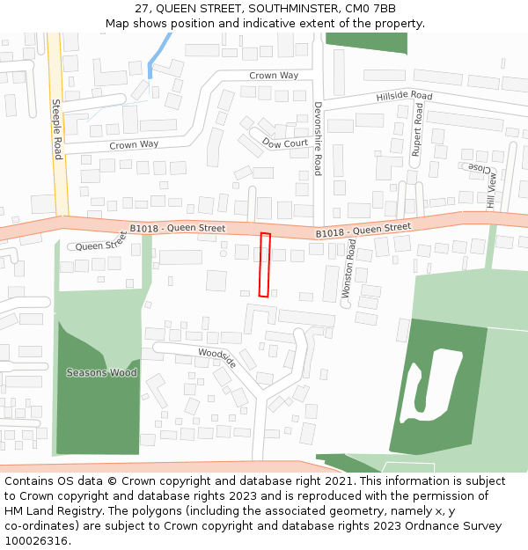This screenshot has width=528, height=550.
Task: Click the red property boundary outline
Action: pos(264,265)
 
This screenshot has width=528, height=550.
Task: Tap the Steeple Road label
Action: pos(58,128)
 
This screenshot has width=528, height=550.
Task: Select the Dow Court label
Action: pos(284,143)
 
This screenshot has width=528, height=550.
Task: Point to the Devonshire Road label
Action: pos(318,137)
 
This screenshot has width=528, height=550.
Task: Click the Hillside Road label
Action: pos(404,96)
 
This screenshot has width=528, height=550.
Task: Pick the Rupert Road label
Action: pos(418,130)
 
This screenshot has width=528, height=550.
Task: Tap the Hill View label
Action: pos(491,190)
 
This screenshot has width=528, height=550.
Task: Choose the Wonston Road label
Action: pos(348,273)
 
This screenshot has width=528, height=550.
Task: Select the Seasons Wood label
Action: pos(101,373)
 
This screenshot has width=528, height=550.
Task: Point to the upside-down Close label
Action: pos(478,166)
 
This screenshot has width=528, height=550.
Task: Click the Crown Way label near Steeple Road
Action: pos(134,144)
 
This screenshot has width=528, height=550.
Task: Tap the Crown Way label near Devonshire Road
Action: pos(274,76)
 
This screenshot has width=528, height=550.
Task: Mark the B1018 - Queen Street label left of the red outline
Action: pos(177,229)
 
